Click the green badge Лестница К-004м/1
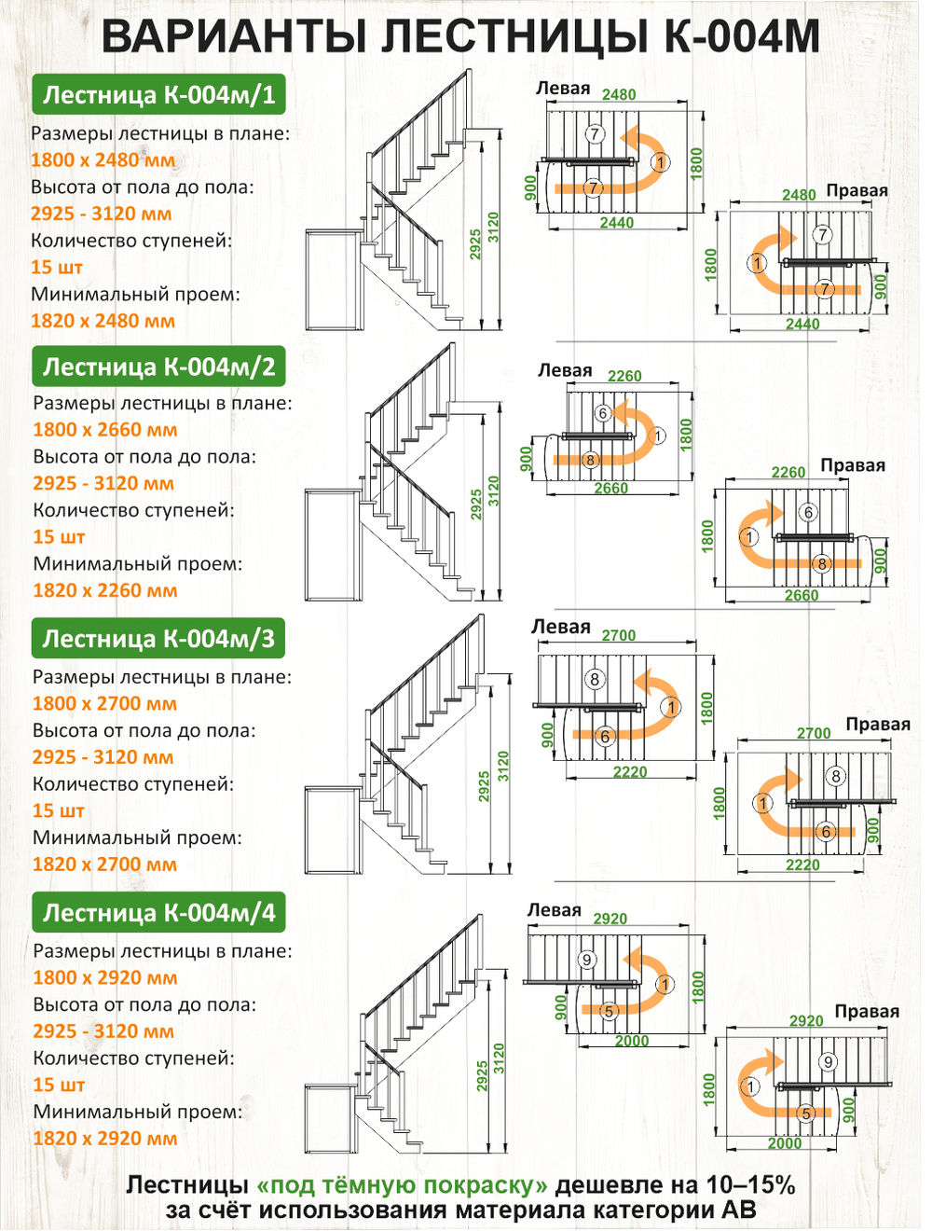[158, 94]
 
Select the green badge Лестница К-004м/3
[158, 638]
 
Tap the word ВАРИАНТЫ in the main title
[234, 36]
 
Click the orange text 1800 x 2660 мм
[104, 430]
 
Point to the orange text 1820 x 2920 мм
[104, 1138]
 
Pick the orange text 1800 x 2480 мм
[103, 159]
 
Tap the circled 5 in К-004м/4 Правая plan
[806, 1113]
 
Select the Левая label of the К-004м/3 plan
[560, 627]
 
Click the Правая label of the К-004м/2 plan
[853, 465]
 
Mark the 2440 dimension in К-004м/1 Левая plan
[616, 223]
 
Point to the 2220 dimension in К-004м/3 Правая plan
[802, 864]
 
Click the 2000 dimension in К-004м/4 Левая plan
[632, 1041]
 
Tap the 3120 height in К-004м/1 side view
[493, 228]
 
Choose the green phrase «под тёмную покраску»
[403, 1185]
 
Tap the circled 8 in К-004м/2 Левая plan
[590, 460]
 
